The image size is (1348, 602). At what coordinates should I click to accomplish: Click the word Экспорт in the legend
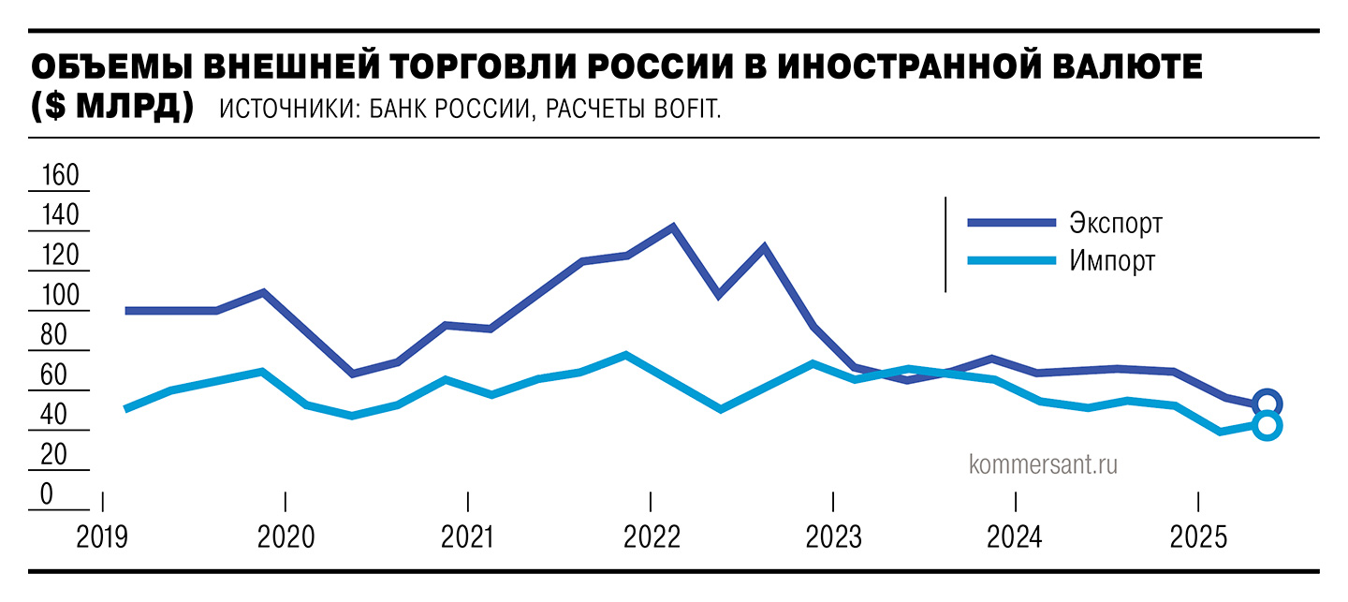(1115, 224)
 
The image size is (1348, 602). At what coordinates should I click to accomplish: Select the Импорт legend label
(1111, 261)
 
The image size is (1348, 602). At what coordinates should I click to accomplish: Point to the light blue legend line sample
(1012, 259)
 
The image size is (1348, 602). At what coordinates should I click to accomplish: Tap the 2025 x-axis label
(1200, 538)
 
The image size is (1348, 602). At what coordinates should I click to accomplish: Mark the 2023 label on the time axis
(833, 538)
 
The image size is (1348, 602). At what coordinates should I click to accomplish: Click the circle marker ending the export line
(1267, 404)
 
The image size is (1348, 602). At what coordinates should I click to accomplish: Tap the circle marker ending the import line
(1267, 426)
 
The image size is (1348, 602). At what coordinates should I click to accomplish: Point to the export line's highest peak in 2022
(672, 227)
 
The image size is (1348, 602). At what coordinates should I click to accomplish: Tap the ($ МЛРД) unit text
(112, 107)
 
